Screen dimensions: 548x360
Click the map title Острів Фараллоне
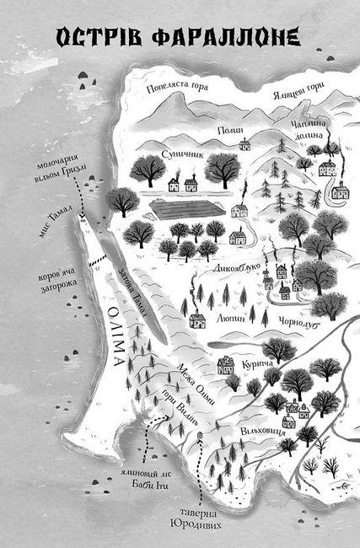pos(180,38)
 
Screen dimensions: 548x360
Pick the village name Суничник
pos(177,154)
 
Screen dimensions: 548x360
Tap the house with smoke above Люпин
pos(198,320)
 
